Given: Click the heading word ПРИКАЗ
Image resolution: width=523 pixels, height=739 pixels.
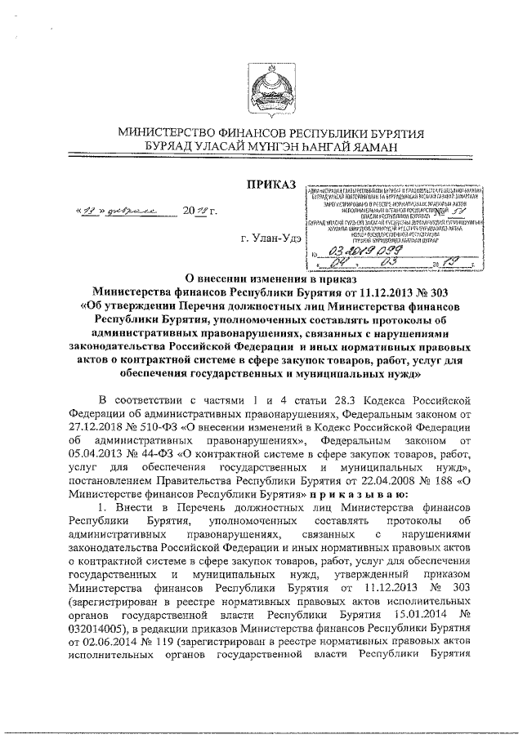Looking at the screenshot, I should click(272, 185).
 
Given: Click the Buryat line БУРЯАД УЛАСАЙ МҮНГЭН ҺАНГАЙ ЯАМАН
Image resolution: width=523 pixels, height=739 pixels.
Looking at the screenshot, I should click(269, 146).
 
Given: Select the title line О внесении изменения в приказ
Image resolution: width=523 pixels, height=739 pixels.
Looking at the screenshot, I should click(269, 278).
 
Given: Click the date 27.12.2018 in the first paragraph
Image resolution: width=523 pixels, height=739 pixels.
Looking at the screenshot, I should click(96, 425).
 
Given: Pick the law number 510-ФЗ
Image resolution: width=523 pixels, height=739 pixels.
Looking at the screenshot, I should click(172, 425).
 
